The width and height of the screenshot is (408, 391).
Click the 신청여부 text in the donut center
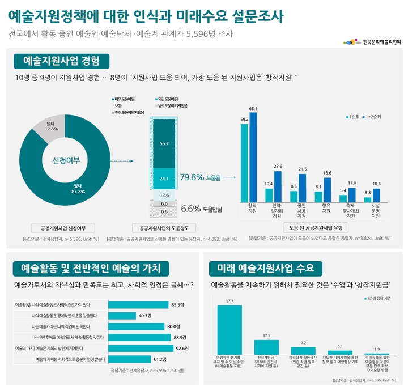66,160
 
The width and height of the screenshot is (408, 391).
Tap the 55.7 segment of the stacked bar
164,143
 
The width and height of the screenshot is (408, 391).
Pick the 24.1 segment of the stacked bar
164,178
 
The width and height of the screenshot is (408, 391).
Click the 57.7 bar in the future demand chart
229,329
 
